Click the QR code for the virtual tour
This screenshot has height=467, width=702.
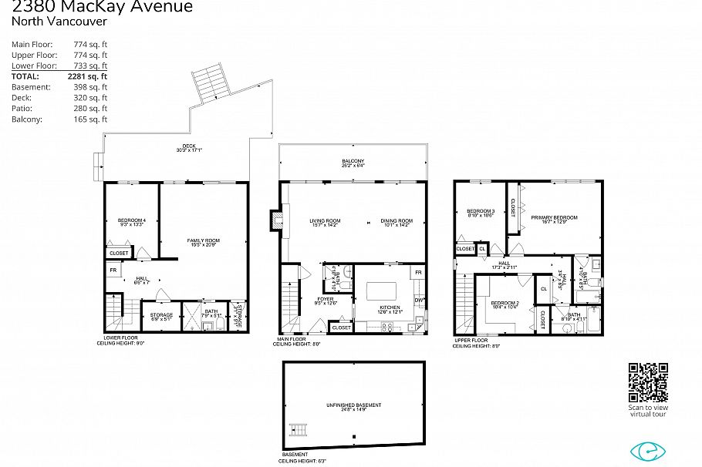[x=648, y=382]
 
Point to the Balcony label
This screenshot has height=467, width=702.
[x=353, y=163]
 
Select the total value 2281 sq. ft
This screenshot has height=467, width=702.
[x=90, y=77]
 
